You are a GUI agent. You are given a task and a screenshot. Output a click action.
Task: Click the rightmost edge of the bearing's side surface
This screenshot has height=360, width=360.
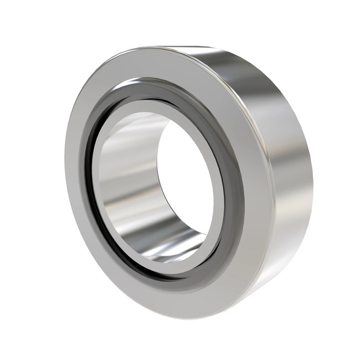(312, 183)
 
